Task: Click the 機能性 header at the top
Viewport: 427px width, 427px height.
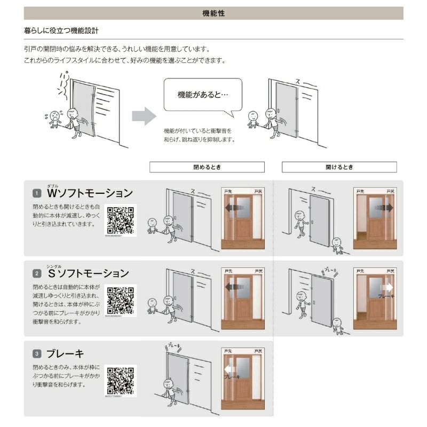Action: pos(213,13)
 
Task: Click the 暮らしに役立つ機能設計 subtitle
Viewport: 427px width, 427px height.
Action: pos(61,31)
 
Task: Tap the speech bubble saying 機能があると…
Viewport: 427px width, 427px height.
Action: pos(202,96)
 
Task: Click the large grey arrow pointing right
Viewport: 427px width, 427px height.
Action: pos(143,116)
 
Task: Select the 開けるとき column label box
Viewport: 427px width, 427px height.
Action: pos(339,167)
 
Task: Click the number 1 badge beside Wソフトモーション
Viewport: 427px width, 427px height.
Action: pos(37,193)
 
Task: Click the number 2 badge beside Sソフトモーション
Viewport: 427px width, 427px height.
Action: pos(37,274)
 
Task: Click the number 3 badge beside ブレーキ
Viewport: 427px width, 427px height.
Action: pos(37,353)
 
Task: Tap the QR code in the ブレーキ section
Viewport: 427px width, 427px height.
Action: pos(120,380)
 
